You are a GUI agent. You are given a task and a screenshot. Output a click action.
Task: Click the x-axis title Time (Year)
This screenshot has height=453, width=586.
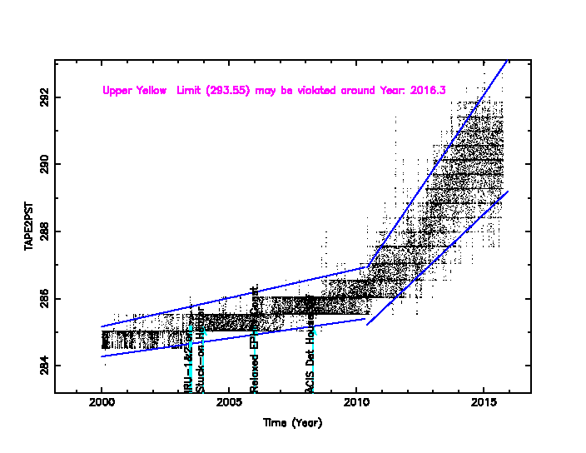point(292,422)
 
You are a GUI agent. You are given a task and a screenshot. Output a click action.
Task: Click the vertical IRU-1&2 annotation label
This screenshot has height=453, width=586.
point(190,354)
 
